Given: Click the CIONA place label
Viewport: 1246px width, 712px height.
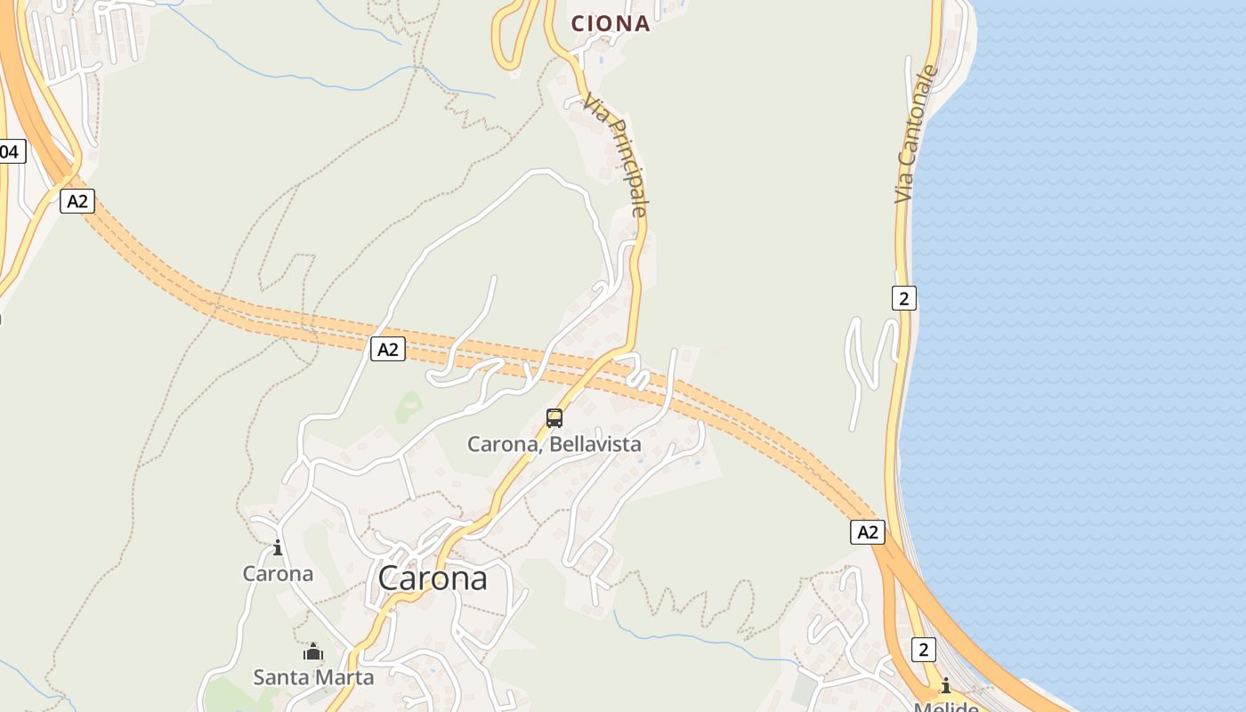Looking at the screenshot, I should (611, 24).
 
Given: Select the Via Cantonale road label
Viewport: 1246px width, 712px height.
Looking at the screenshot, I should (917, 133).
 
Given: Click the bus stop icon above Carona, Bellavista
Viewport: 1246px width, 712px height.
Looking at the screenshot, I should (554, 417).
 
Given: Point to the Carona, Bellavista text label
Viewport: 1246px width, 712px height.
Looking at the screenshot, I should (554, 443).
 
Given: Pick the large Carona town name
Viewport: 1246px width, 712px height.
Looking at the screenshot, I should (433, 578).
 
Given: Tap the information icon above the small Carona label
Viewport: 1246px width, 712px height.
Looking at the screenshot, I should (278, 547).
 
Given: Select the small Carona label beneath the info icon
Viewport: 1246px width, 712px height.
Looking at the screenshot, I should (278, 574).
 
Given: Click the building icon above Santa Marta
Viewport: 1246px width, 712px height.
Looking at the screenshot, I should (312, 652).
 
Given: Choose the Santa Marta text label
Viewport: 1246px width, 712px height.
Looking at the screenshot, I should (313, 677).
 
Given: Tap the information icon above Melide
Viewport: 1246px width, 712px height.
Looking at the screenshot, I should (945, 685).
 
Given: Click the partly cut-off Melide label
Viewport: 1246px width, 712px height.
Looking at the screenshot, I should (945, 707).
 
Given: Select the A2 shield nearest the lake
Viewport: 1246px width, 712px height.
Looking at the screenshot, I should (867, 532).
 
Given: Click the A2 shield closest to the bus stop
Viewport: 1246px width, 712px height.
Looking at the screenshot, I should (387, 349).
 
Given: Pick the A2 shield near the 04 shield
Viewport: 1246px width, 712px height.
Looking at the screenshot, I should (77, 201).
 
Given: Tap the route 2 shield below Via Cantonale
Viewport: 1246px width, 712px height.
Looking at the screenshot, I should (903, 298).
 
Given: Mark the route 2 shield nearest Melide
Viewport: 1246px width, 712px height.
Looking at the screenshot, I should (923, 650).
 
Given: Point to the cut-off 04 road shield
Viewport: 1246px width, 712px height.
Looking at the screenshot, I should (11, 151).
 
